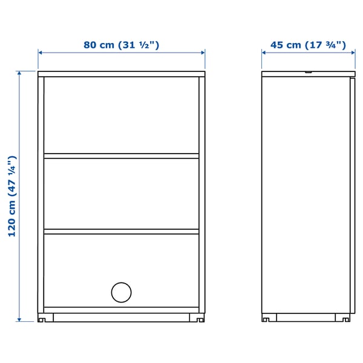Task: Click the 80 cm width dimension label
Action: coord(121,45)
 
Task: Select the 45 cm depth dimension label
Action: coord(307,45)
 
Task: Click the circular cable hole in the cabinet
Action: coord(121,292)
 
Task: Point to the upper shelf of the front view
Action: coord(121,155)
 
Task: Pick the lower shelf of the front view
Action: coord(121,231)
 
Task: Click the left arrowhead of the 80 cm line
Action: coord(40,53)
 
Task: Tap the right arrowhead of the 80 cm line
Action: coord(203,53)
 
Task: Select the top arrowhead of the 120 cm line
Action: coord(19,73)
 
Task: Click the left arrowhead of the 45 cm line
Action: coord(264,53)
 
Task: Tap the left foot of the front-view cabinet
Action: coord(42,317)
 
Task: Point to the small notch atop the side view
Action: coord(309,73)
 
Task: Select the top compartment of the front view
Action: coord(121,115)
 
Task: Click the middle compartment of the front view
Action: coord(121,194)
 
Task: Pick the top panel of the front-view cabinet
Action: coord(121,74)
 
